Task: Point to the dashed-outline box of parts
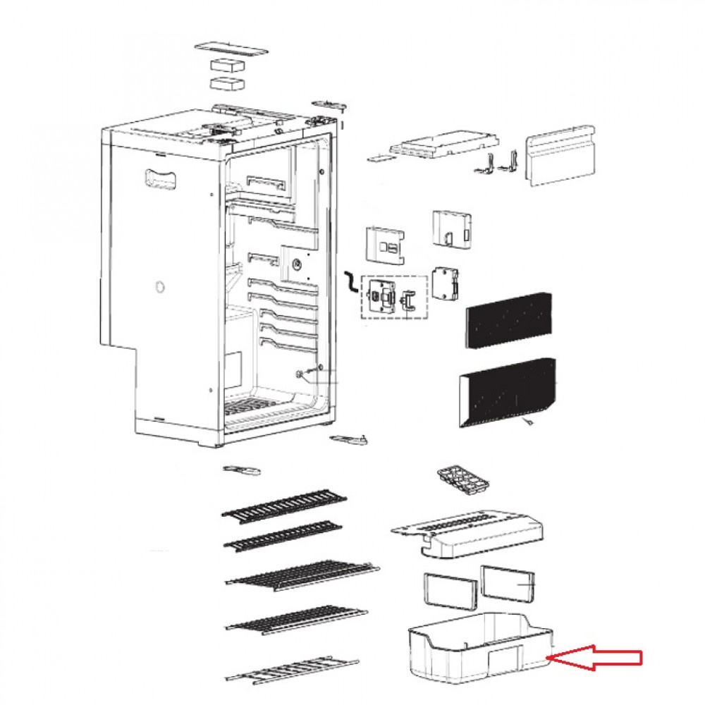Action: (394, 297)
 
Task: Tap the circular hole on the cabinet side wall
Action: (159, 287)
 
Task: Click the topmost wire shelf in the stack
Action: (285, 505)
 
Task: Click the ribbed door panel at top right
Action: (560, 157)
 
